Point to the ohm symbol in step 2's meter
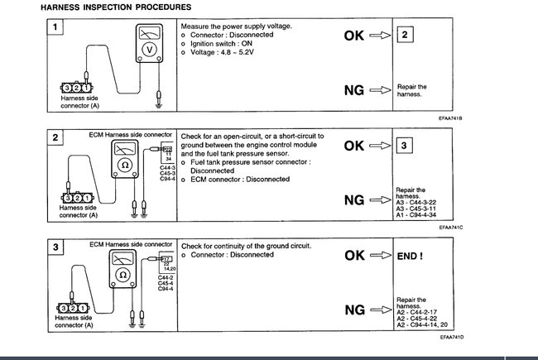(122, 163)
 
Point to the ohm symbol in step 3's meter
(122, 274)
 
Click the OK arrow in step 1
(379, 36)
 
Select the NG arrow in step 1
(379, 89)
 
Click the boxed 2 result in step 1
(404, 36)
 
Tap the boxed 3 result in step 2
(404, 146)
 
